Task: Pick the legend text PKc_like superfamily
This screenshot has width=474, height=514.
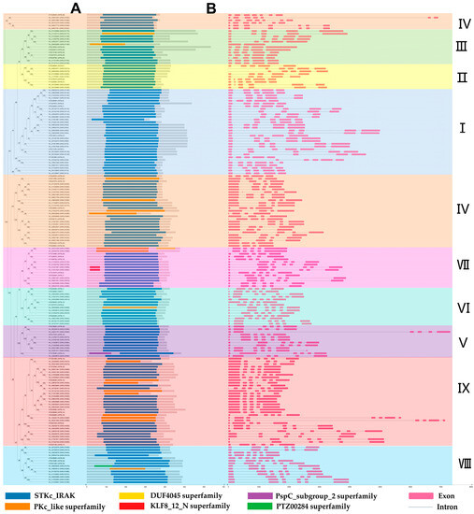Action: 71,507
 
